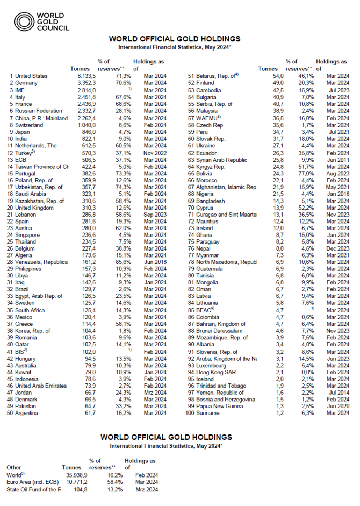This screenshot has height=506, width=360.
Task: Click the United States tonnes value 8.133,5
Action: (x=84, y=76)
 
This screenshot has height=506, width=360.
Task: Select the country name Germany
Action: (x=27, y=83)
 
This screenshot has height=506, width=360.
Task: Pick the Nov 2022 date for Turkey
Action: (x=155, y=153)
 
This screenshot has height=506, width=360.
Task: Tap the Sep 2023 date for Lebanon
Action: (x=155, y=215)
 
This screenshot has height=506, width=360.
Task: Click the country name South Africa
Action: (x=31, y=310)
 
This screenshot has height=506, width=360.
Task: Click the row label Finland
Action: (x=206, y=83)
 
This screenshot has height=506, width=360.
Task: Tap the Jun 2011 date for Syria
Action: (x=338, y=160)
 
